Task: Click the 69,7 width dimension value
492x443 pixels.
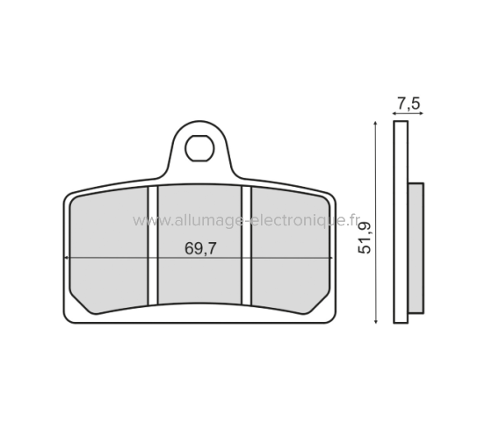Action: [199, 249]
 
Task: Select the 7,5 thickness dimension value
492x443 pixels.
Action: [408, 104]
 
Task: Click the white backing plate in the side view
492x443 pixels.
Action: [402, 219]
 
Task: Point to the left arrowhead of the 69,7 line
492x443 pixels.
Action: [69, 258]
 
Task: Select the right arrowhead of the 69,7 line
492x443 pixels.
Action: [328, 258]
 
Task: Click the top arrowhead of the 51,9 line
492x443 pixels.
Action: [375, 125]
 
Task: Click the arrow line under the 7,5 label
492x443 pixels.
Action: [407, 115]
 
